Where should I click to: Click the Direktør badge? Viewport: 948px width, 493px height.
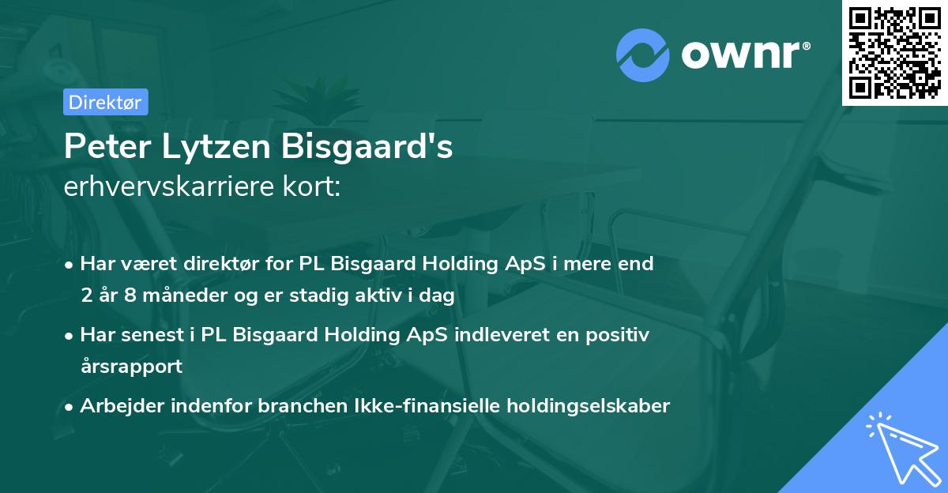tap(105, 102)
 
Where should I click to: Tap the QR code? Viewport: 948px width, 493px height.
tap(895, 52)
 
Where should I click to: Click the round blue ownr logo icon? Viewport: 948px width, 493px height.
tap(643, 53)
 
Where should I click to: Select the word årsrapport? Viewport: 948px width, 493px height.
tap(131, 367)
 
